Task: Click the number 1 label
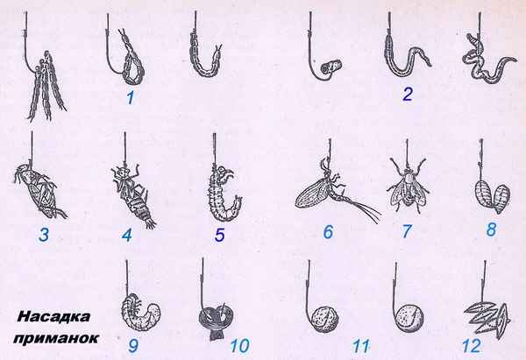tap(130, 97)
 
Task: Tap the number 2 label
tap(408, 95)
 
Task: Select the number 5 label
tap(219, 235)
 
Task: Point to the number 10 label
tap(240, 345)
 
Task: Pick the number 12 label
tap(472, 345)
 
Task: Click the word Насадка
tap(54, 316)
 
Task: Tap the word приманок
tap(56, 338)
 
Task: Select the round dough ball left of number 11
tap(324, 320)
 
